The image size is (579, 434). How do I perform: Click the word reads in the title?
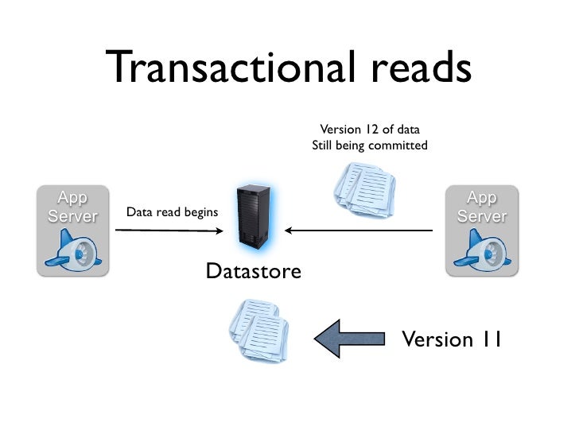(416, 69)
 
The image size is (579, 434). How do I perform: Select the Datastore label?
(253, 272)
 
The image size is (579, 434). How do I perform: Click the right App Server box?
(481, 231)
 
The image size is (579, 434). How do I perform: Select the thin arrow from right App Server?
(358, 231)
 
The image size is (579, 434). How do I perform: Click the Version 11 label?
(451, 340)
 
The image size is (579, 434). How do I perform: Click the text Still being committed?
(369, 146)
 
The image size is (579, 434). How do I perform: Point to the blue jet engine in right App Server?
(480, 251)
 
